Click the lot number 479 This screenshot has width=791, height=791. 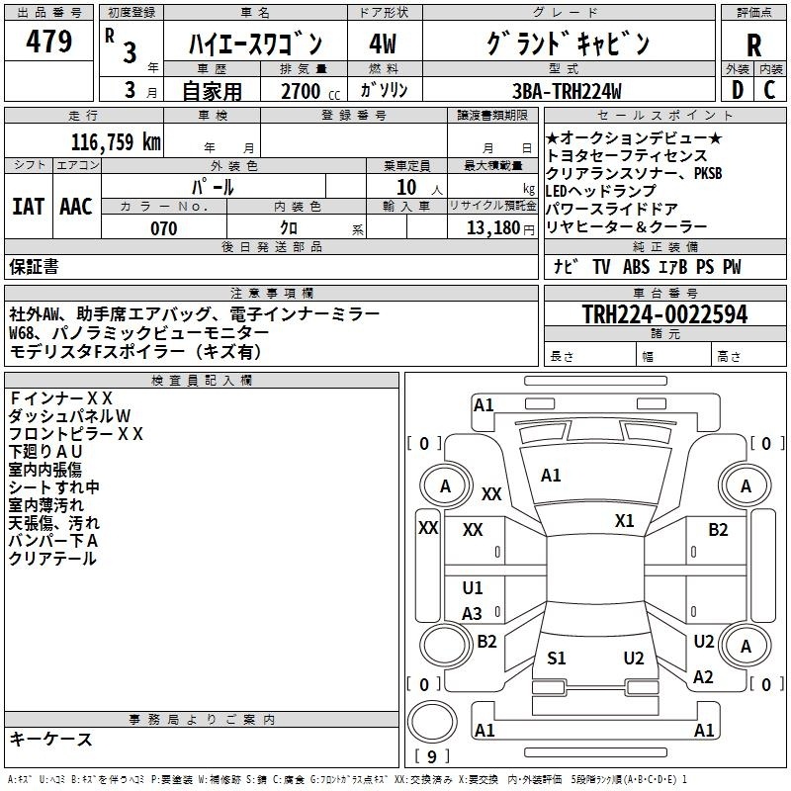point(48,41)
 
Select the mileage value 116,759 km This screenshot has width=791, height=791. point(116,141)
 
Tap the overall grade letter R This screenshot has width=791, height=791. point(753,44)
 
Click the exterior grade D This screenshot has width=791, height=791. point(737,90)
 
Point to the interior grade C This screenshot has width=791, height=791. point(769,90)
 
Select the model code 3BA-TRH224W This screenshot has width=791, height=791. point(567,91)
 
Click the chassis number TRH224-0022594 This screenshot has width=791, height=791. point(664,314)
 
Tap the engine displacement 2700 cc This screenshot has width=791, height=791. point(310,91)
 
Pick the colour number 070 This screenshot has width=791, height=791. point(164,228)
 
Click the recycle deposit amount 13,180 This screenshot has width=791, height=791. point(492,228)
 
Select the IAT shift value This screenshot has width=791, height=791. point(29,207)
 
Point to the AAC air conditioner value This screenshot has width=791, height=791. point(76,207)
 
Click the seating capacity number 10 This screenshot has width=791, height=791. point(406,187)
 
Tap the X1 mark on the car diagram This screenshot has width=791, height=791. point(624,521)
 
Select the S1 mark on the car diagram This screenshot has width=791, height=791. point(557,658)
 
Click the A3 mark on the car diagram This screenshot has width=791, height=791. point(473,613)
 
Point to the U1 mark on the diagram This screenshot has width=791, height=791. point(473,587)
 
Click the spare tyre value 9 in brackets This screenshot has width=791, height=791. point(431,756)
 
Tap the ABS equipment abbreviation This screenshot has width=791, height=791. point(636,267)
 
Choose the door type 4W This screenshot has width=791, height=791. point(383,44)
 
